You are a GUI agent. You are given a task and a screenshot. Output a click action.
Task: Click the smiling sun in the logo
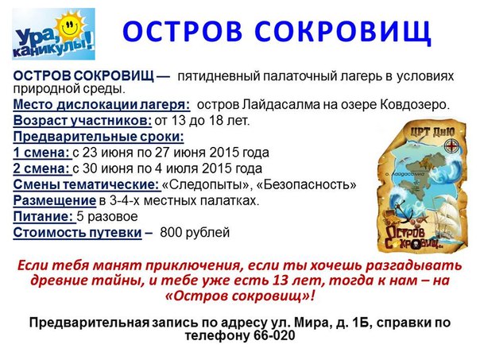[71, 26]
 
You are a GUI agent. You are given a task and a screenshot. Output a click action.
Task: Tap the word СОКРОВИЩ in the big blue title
[343, 32]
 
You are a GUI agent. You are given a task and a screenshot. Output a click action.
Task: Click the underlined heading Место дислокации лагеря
[102, 105]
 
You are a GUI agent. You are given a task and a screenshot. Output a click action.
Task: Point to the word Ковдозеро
[415, 105]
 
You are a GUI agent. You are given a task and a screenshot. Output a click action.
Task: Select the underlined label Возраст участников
[82, 121]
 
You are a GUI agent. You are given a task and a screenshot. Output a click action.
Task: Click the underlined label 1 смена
[41, 153]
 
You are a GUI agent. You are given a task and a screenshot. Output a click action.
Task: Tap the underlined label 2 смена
[41, 168]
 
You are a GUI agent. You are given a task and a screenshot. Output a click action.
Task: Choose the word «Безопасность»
[306, 184]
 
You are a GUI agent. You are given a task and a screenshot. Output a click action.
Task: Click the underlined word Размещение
[55, 201]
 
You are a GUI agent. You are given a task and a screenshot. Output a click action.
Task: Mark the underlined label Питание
[44, 216]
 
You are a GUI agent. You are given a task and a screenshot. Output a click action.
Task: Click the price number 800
[171, 233]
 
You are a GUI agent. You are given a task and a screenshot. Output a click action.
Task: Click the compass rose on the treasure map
[451, 145]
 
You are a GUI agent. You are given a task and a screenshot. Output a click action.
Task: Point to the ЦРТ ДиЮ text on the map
[432, 132]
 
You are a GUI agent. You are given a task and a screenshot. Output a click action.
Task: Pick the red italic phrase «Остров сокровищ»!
[239, 296]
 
